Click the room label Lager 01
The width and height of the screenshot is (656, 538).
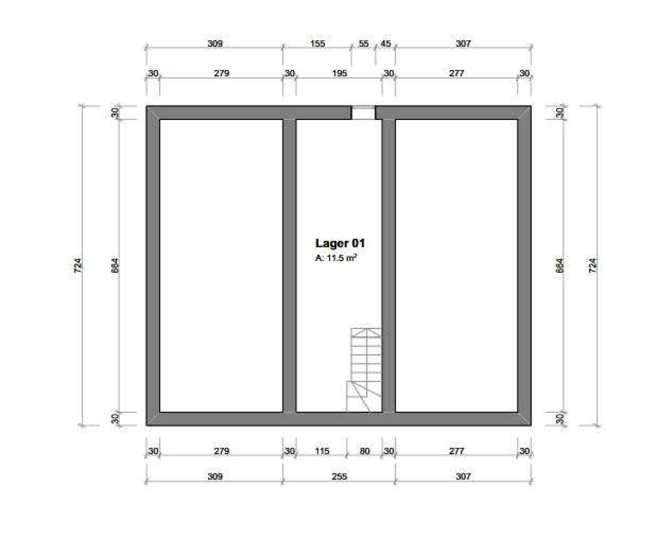coord(340,243)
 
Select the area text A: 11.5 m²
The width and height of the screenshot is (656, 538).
coord(336,258)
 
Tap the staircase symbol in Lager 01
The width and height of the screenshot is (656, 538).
coord(364,370)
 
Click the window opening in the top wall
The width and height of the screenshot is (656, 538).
coord(364,112)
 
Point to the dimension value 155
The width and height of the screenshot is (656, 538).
coord(317,44)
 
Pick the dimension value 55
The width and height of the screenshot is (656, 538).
coord(364,44)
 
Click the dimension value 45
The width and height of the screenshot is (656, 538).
coord(385,44)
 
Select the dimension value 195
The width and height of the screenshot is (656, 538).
coord(339,73)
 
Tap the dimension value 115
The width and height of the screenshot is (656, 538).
coord(322,451)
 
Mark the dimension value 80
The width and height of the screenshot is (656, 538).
coord(365,451)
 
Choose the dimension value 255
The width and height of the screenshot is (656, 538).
coord(339,476)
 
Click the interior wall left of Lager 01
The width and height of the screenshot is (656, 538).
coord(289,266)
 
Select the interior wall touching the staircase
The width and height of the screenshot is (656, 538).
coord(388,266)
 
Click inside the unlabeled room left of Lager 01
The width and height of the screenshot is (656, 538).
coord(221,266)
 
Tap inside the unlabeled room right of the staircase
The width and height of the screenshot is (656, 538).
coord(456,266)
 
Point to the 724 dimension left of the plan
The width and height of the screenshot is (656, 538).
coord(78,265)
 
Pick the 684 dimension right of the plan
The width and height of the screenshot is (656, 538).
coord(560,265)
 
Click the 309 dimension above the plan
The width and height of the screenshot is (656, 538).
coord(215,44)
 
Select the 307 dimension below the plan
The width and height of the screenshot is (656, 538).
coord(463,476)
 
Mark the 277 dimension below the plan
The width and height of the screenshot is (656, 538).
coord(456,451)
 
